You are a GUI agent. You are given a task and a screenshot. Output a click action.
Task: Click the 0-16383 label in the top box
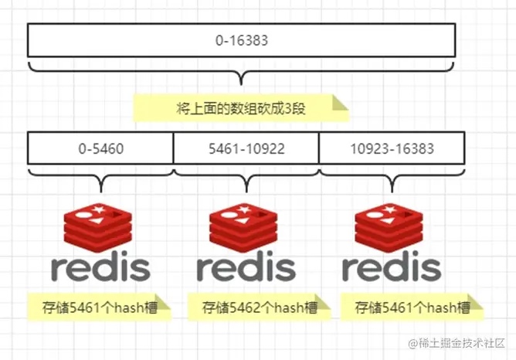pyautogui.click(x=242, y=40)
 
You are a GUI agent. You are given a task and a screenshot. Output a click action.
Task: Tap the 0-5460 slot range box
pyautogui.click(x=100, y=148)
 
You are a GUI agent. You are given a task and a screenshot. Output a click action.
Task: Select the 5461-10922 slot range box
pyautogui.click(x=246, y=148)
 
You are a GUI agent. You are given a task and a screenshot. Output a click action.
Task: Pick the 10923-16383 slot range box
pyautogui.click(x=392, y=148)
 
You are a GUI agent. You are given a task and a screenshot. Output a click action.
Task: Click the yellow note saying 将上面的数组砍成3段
pyautogui.click(x=241, y=108)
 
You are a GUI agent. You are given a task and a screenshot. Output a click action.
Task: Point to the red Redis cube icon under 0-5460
pyautogui.click(x=98, y=228)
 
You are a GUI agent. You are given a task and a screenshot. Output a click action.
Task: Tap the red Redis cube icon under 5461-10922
pyautogui.click(x=243, y=228)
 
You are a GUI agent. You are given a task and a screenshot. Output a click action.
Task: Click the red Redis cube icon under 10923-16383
pyautogui.click(x=389, y=228)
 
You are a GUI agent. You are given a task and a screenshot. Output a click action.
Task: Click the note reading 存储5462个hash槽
pyautogui.click(x=260, y=307)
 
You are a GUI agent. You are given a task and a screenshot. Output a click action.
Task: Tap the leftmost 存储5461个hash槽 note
pyautogui.click(x=100, y=307)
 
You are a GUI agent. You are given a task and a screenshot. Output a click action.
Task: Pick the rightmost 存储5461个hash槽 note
pyautogui.click(x=412, y=307)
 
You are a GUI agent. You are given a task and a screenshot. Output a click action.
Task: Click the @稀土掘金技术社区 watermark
pyautogui.click(x=457, y=343)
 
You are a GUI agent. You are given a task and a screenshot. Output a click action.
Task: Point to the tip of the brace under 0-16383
pyautogui.click(x=241, y=84)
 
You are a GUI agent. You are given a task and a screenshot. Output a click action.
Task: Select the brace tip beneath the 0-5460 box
pyautogui.click(x=100, y=192)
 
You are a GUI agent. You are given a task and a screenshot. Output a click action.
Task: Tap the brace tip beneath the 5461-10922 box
pyautogui.click(x=246, y=192)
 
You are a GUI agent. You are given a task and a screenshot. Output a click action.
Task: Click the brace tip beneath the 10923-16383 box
pyautogui.click(x=392, y=192)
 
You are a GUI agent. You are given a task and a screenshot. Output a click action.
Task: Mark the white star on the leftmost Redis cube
pyautogui.click(x=98, y=209)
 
